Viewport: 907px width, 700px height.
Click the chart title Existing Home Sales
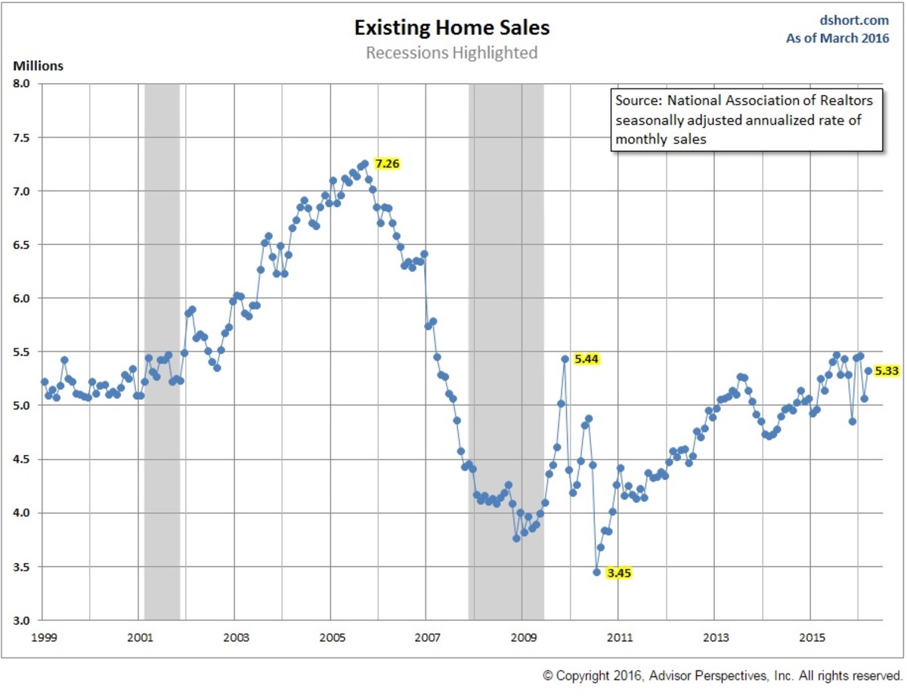point(452,29)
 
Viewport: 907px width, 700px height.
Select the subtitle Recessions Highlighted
point(452,53)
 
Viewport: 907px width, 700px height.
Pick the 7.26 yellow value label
point(387,164)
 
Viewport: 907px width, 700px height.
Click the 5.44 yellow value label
point(587,359)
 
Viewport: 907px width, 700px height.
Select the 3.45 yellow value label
point(619,573)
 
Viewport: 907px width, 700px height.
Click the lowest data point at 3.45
point(596,572)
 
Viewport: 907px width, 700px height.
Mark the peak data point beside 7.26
point(365,163)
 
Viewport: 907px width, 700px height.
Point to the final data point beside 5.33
point(868,370)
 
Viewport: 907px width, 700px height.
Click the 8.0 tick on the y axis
point(23,84)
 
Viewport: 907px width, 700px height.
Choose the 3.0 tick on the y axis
point(23,621)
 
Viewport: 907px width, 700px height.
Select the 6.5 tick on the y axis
point(23,245)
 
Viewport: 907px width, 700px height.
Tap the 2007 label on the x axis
point(426,636)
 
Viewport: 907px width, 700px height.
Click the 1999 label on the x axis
point(43,636)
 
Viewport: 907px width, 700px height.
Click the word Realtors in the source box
point(847,101)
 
